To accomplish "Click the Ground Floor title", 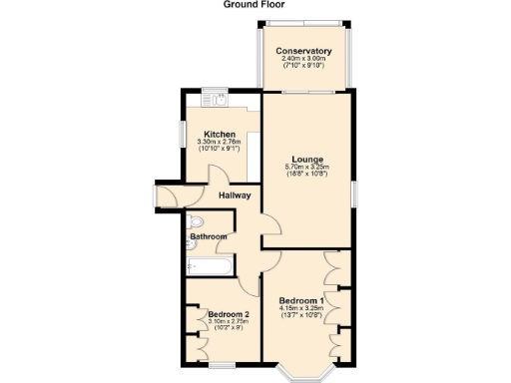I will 255,5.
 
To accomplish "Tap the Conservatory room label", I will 305,52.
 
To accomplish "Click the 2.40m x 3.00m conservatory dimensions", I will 305,63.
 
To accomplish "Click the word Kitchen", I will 220,135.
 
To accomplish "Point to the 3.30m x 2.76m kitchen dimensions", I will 220,147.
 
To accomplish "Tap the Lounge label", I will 306,158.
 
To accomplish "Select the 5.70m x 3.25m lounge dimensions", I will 306,170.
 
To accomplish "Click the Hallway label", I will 234,195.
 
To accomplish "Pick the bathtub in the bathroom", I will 208,266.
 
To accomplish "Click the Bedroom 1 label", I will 300,301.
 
